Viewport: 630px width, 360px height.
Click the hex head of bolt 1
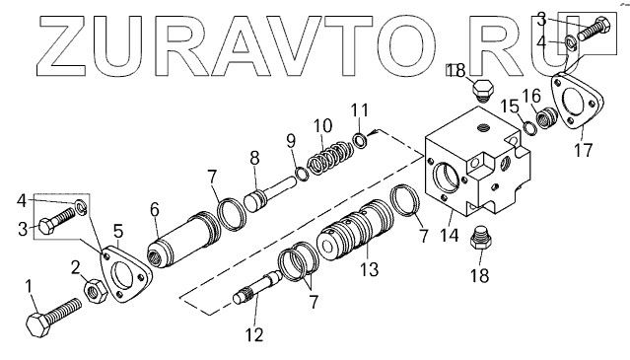tap(38, 325)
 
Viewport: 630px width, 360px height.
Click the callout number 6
tap(154, 209)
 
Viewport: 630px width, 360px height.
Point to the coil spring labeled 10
tap(330, 158)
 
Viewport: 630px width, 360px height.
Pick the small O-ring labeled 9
tap(302, 174)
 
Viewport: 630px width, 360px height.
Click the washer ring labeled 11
tap(360, 139)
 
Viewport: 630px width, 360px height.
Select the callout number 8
tap(254, 159)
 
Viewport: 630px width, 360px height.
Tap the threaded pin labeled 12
tap(258, 286)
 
